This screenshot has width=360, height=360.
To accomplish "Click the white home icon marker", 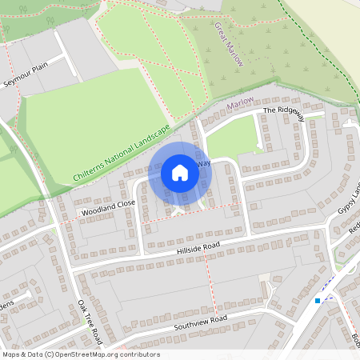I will (x=180, y=173).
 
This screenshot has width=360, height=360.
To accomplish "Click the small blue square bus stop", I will (x=318, y=301).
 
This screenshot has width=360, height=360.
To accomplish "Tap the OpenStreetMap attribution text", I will (x=81, y=354).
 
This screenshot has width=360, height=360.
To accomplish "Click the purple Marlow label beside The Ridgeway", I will (x=240, y=102).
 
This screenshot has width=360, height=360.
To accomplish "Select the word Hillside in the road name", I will (x=192, y=251).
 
